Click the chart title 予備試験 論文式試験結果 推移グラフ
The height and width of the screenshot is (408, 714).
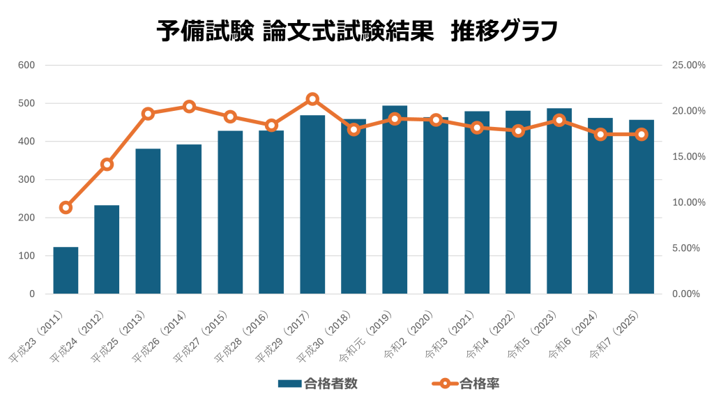356,31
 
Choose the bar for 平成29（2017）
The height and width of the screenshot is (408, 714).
312,205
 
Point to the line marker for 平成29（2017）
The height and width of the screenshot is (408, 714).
312,99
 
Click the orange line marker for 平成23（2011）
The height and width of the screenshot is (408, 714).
66,207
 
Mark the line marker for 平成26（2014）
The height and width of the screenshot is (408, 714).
189,107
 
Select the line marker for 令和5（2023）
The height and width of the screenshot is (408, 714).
559,120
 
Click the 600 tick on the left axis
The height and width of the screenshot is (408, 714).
26,66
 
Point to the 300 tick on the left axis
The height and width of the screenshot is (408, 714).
26,180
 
